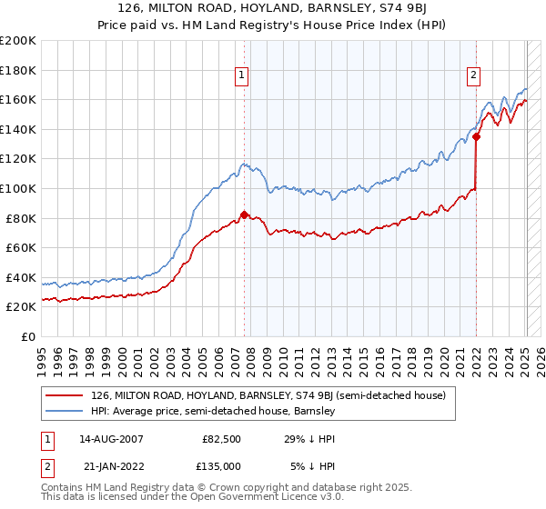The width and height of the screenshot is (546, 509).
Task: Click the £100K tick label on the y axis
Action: (18, 188)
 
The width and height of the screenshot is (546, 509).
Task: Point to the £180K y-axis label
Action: (18, 70)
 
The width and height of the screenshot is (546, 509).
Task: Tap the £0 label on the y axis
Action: (27, 336)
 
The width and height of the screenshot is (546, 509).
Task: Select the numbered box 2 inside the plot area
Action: (474, 76)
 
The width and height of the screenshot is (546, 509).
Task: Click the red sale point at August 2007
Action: (244, 215)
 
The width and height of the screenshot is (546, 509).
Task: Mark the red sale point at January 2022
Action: (476, 137)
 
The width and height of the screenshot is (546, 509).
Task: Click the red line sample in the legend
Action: (66, 396)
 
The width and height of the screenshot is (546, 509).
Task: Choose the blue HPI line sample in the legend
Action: (66, 412)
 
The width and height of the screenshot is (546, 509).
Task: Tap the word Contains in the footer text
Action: (63, 487)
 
